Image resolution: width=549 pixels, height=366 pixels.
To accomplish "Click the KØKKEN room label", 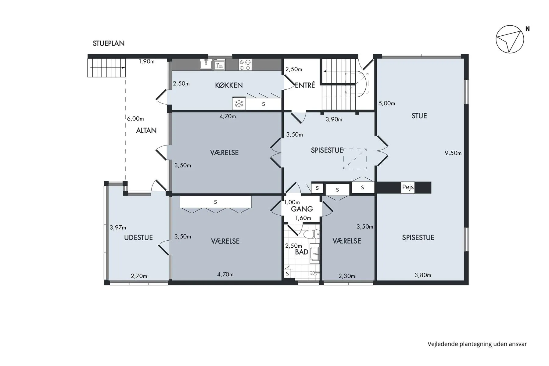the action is pos(229,85).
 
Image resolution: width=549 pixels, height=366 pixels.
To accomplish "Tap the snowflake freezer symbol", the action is pos(239,104).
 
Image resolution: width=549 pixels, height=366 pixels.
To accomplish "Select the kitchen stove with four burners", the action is pos(245,65).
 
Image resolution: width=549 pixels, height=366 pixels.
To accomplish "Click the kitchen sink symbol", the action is pos(206,64).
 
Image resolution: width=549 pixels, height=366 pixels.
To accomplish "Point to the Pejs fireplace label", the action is pos(408,187).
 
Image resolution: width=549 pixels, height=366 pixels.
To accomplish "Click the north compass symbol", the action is pos(510,39).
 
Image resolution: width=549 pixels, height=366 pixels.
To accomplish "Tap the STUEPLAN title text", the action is pos(109,43).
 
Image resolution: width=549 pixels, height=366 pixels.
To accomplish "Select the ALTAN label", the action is pos(146,131).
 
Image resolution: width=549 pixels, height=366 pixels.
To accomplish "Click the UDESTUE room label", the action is pos(138,238).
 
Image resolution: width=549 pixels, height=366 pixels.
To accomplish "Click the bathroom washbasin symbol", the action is pos(314,253).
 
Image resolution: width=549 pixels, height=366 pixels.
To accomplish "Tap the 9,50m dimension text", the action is pos(453,153).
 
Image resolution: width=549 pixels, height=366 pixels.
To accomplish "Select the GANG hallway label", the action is pos(302,209).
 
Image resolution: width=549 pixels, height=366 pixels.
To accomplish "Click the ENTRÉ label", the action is pos(305,85).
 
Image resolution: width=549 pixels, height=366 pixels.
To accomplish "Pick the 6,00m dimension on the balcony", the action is pos(135,119).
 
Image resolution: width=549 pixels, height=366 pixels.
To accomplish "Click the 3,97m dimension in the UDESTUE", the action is pos(118,228).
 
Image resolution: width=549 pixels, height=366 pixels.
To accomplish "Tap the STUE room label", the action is pos(419,116).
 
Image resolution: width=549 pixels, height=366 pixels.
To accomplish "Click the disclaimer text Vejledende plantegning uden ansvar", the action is pos(477,344).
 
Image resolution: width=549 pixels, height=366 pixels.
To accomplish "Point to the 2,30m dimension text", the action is pos(347,276).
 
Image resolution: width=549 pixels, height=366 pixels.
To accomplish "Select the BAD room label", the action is pos(301,252).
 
